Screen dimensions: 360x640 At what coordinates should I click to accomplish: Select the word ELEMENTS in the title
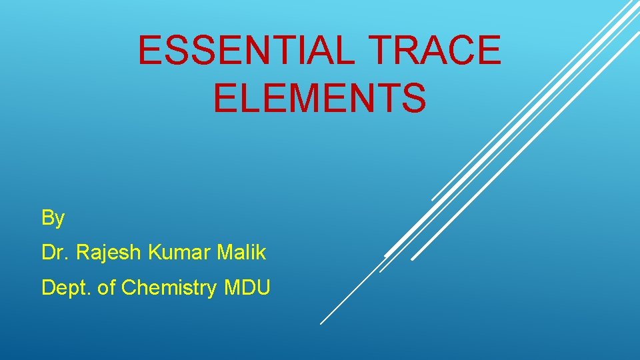pos(320,98)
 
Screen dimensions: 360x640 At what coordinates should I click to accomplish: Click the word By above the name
pos(53,218)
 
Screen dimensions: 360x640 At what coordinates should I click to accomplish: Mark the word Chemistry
pos(169,288)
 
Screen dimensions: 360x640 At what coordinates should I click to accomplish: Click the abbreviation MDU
pos(247,288)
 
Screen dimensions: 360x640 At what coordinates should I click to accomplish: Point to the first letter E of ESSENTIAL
pos(150,51)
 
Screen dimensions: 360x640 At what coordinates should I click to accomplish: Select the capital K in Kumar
pos(154,253)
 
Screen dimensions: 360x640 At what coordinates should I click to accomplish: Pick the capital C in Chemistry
pos(129,288)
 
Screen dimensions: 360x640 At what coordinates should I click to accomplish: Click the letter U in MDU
pos(263,288)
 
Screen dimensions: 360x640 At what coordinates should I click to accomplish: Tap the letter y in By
pos(59,220)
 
